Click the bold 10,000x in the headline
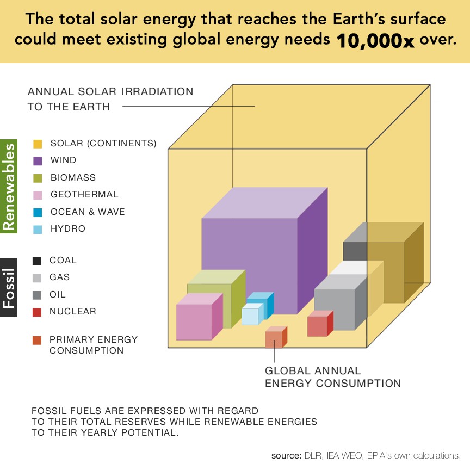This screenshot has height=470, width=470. [x=375, y=41]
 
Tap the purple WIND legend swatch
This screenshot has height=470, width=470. [x=38, y=160]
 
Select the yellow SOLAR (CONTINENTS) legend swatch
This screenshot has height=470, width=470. [x=38, y=144]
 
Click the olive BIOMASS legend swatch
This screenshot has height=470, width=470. [x=38, y=178]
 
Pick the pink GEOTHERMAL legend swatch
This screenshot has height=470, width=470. [x=38, y=195]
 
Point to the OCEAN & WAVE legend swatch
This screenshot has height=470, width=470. [x=38, y=212]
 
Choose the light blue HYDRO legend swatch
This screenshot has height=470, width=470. [x=38, y=229]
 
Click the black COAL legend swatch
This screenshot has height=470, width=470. [x=37, y=261]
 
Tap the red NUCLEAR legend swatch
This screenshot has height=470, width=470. [x=37, y=312]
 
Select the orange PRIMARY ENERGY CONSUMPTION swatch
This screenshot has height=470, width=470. [x=37, y=340]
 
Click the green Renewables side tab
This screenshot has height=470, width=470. [x=9, y=187]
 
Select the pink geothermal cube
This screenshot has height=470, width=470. [x=194, y=321]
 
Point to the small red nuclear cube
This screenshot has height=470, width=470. [x=317, y=326]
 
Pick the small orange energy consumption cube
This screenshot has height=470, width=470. [x=274, y=339]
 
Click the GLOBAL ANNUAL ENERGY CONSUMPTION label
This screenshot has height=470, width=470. [x=332, y=377]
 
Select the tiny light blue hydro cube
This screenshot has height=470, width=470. [x=250, y=316]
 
